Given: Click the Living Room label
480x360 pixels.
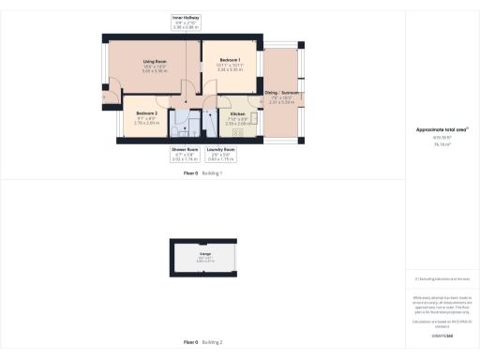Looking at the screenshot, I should point(155,62).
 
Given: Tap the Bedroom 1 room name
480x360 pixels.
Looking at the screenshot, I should point(230,60).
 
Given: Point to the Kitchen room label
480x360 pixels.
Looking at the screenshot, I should point(237,113).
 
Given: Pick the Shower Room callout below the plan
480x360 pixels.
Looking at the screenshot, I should point(185,149).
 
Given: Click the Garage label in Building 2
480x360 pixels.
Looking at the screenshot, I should point(204,253).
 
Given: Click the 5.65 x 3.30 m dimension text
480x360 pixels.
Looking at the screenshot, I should point(155,71).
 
